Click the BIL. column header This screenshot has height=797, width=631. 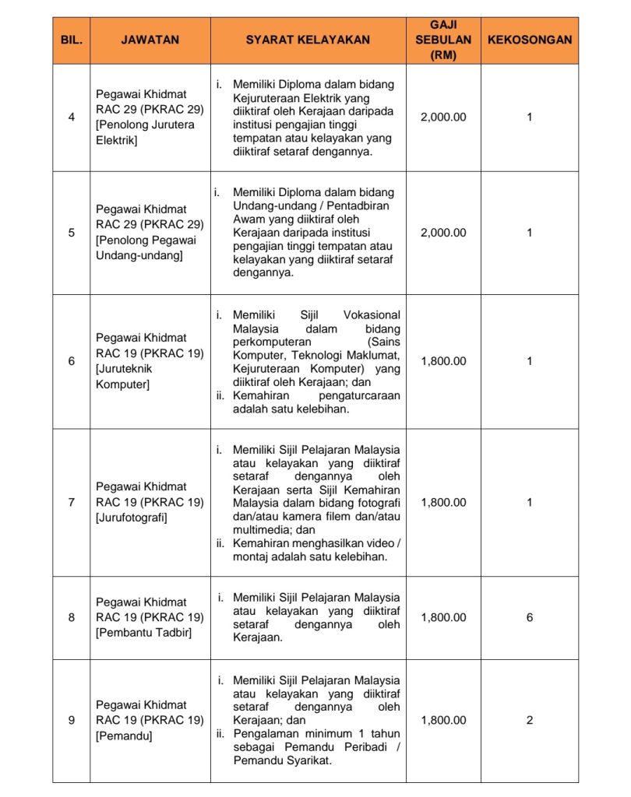[x=71, y=40]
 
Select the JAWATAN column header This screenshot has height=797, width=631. [x=150, y=40]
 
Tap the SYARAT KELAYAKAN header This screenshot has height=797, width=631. [x=308, y=40]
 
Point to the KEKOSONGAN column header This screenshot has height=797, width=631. [x=530, y=40]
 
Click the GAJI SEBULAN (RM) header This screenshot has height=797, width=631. [x=443, y=40]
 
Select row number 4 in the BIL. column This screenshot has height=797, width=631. [x=72, y=118]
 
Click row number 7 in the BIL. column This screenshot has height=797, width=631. [x=72, y=502]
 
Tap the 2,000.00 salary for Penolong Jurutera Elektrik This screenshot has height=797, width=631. [x=443, y=118]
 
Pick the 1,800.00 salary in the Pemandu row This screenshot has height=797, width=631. [x=443, y=720]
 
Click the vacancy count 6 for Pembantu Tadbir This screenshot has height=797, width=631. [x=530, y=617]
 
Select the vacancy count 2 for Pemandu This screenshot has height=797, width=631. [x=530, y=720]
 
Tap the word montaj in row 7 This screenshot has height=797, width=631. [x=251, y=556]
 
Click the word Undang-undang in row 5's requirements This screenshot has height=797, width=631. [x=271, y=206]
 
